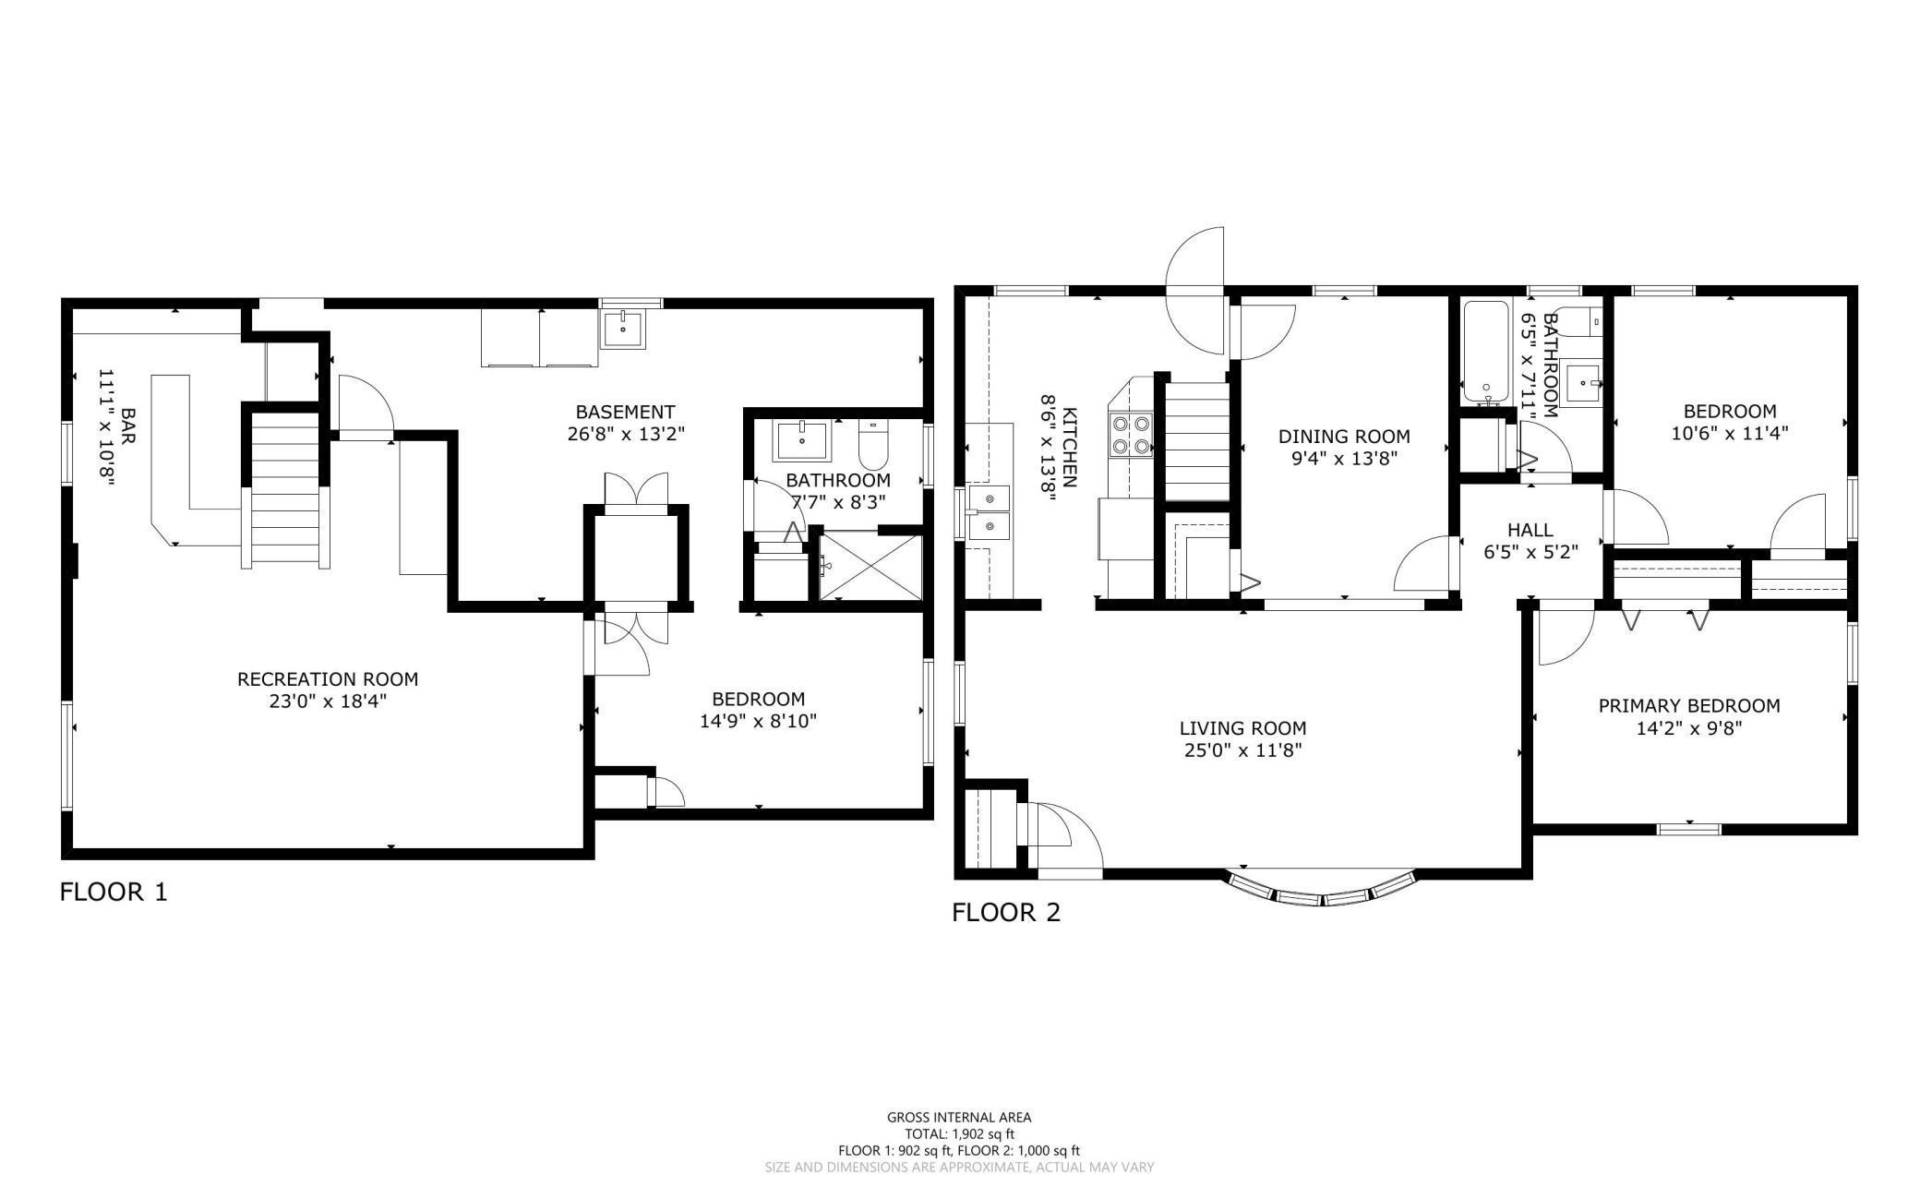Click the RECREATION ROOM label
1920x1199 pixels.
(328, 679)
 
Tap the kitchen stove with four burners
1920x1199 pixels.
(1132, 436)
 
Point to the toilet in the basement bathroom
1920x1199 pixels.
(872, 445)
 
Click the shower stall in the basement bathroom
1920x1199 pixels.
(870, 567)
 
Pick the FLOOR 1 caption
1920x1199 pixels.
(114, 893)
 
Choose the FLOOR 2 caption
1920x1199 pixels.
(1006, 913)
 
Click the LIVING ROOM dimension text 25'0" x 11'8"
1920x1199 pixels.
(1242, 750)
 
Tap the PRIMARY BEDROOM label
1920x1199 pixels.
(1689, 706)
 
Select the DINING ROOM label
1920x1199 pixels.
(1344, 437)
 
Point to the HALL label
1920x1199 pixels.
(1530, 530)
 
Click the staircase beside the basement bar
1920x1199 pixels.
(285, 489)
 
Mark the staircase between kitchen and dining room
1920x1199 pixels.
(1196, 441)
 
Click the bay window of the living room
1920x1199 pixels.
(1322, 893)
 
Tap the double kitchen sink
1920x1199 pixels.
(990, 512)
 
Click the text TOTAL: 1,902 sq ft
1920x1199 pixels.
(959, 1133)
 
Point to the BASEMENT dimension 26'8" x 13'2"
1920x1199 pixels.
(626, 433)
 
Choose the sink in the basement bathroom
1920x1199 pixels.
(802, 440)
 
